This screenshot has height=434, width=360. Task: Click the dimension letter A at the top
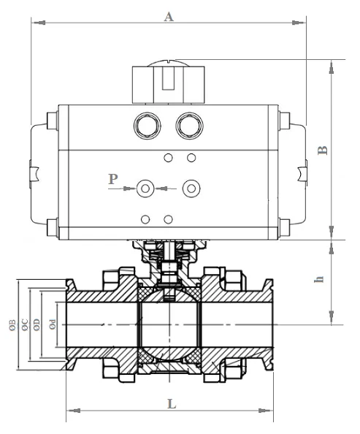point(169,17)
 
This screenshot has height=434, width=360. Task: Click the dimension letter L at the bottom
point(170,403)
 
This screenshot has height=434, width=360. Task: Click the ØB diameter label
point(12,324)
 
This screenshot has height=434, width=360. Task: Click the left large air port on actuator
point(146,126)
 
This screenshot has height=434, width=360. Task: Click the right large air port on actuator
point(191,126)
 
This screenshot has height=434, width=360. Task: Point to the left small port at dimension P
point(146,189)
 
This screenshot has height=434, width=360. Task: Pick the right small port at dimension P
point(191,189)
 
